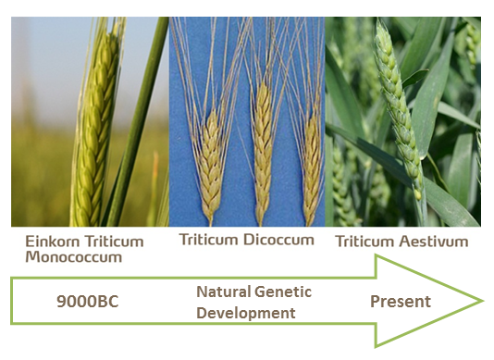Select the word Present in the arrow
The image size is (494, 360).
[x=400, y=301]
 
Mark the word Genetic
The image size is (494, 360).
[x=285, y=292]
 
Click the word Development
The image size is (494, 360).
[x=245, y=313]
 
